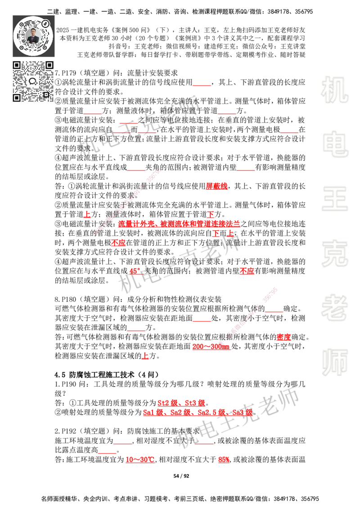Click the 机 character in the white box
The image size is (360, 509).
(x=334, y=89)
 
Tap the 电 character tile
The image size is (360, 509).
(x=336, y=144)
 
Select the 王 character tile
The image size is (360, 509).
(x=334, y=199)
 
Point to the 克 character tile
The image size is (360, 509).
(x=334, y=253)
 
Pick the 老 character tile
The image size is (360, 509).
(x=334, y=308)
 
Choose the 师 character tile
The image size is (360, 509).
(x=334, y=363)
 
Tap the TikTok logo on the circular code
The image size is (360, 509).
(x=46, y=23)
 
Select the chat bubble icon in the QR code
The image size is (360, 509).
(x=33, y=81)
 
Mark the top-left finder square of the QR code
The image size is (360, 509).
(x=17, y=65)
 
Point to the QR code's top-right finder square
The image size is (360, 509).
(x=49, y=65)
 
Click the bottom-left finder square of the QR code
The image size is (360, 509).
(x=17, y=98)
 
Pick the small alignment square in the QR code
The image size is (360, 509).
(x=45, y=94)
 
